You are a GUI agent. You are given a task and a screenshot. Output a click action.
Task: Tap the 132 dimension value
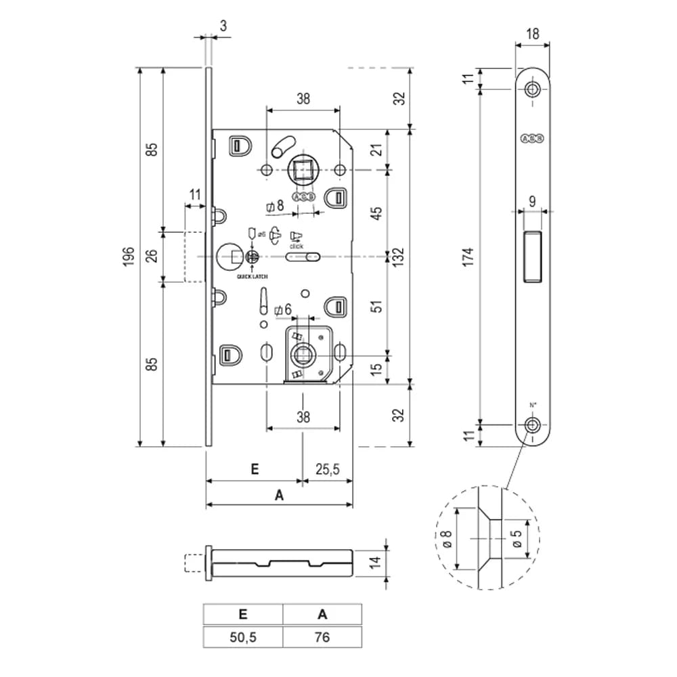[400, 257]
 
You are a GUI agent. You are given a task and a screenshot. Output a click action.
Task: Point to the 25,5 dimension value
[327, 469]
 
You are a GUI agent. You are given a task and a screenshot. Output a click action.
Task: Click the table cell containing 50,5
[242, 638]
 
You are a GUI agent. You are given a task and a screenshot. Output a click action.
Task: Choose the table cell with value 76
[322, 638]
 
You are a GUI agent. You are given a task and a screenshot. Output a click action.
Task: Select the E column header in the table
[242, 615]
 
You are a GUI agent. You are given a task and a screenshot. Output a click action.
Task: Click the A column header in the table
[322, 615]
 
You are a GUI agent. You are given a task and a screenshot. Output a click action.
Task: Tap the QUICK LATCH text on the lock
[252, 278]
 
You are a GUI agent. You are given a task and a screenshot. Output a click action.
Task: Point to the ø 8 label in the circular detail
[447, 539]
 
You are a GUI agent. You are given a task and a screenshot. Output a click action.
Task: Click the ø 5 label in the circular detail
[517, 539]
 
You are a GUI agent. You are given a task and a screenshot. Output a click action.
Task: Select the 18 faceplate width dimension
[533, 35]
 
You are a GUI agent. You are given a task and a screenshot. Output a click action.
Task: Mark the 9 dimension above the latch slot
[532, 200]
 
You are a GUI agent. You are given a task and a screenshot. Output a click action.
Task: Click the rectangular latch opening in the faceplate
[533, 256]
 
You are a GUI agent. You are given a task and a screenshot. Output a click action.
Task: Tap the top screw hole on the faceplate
[533, 89]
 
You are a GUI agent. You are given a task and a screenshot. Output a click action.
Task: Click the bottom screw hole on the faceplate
[533, 424]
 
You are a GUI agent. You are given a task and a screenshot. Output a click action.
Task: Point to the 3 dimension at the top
[223, 26]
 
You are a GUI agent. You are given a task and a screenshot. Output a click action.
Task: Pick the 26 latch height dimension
[152, 257]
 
